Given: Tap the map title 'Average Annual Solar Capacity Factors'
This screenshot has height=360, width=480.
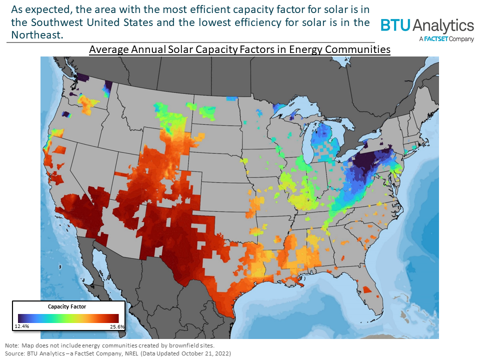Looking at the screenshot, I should pyautogui.click(x=239, y=50).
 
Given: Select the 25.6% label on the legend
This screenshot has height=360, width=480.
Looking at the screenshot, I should pyautogui.click(x=116, y=326).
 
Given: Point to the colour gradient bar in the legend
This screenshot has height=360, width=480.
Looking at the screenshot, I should pyautogui.click(x=68, y=318).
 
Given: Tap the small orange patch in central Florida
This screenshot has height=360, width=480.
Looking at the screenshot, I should pyautogui.click(x=367, y=289).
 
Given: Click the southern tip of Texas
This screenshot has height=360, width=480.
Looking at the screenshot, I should pyautogui.click(x=229, y=314).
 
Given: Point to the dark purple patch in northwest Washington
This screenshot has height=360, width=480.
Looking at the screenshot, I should pyautogui.click(x=83, y=76).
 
